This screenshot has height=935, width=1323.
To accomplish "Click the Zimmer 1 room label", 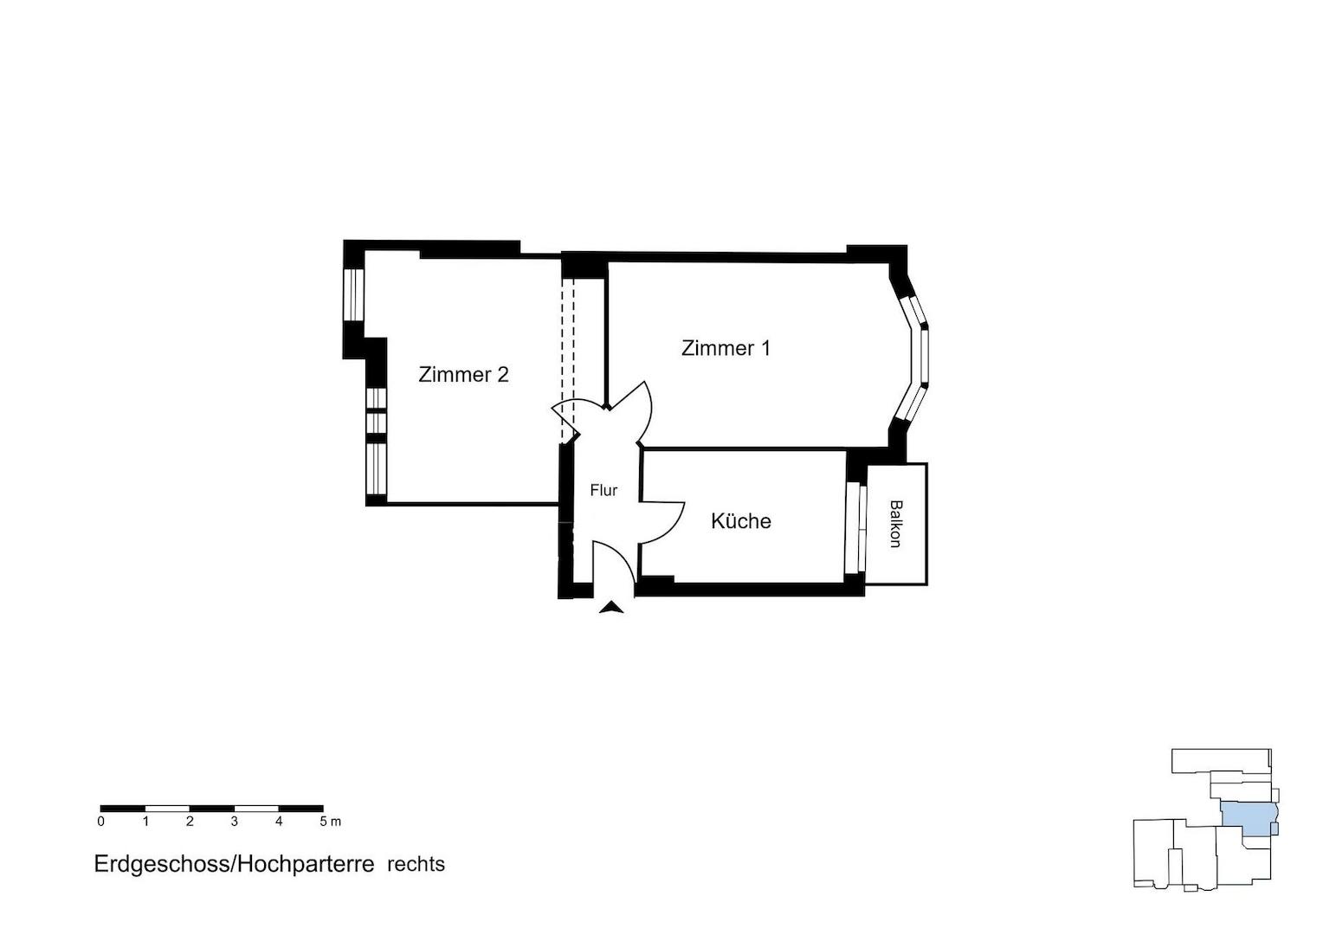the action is point(726,348).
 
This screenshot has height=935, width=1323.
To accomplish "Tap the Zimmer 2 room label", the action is point(463,375).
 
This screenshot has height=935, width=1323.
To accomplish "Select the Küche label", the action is point(740,521).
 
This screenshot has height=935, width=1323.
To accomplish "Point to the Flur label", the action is point(603,490).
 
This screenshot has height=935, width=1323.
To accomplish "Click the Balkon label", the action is point(896,524).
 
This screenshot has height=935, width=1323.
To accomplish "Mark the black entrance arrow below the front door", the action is point(611,607).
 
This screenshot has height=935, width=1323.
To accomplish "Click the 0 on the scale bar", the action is point(101,822).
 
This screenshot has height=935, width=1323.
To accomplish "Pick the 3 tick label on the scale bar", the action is point(235,822).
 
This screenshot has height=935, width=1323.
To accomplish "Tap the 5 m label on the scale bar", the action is point(330,822).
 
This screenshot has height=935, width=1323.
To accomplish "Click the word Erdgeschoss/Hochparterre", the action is point(234,864).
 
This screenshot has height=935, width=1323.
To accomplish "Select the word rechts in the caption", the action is point(416,864).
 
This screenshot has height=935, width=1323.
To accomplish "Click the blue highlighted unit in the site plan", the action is point(1249,819).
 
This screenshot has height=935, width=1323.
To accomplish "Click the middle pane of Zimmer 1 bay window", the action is point(925,356).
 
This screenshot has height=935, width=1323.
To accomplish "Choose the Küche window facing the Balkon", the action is point(855,527).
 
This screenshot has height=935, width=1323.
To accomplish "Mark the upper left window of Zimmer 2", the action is point(354,294).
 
